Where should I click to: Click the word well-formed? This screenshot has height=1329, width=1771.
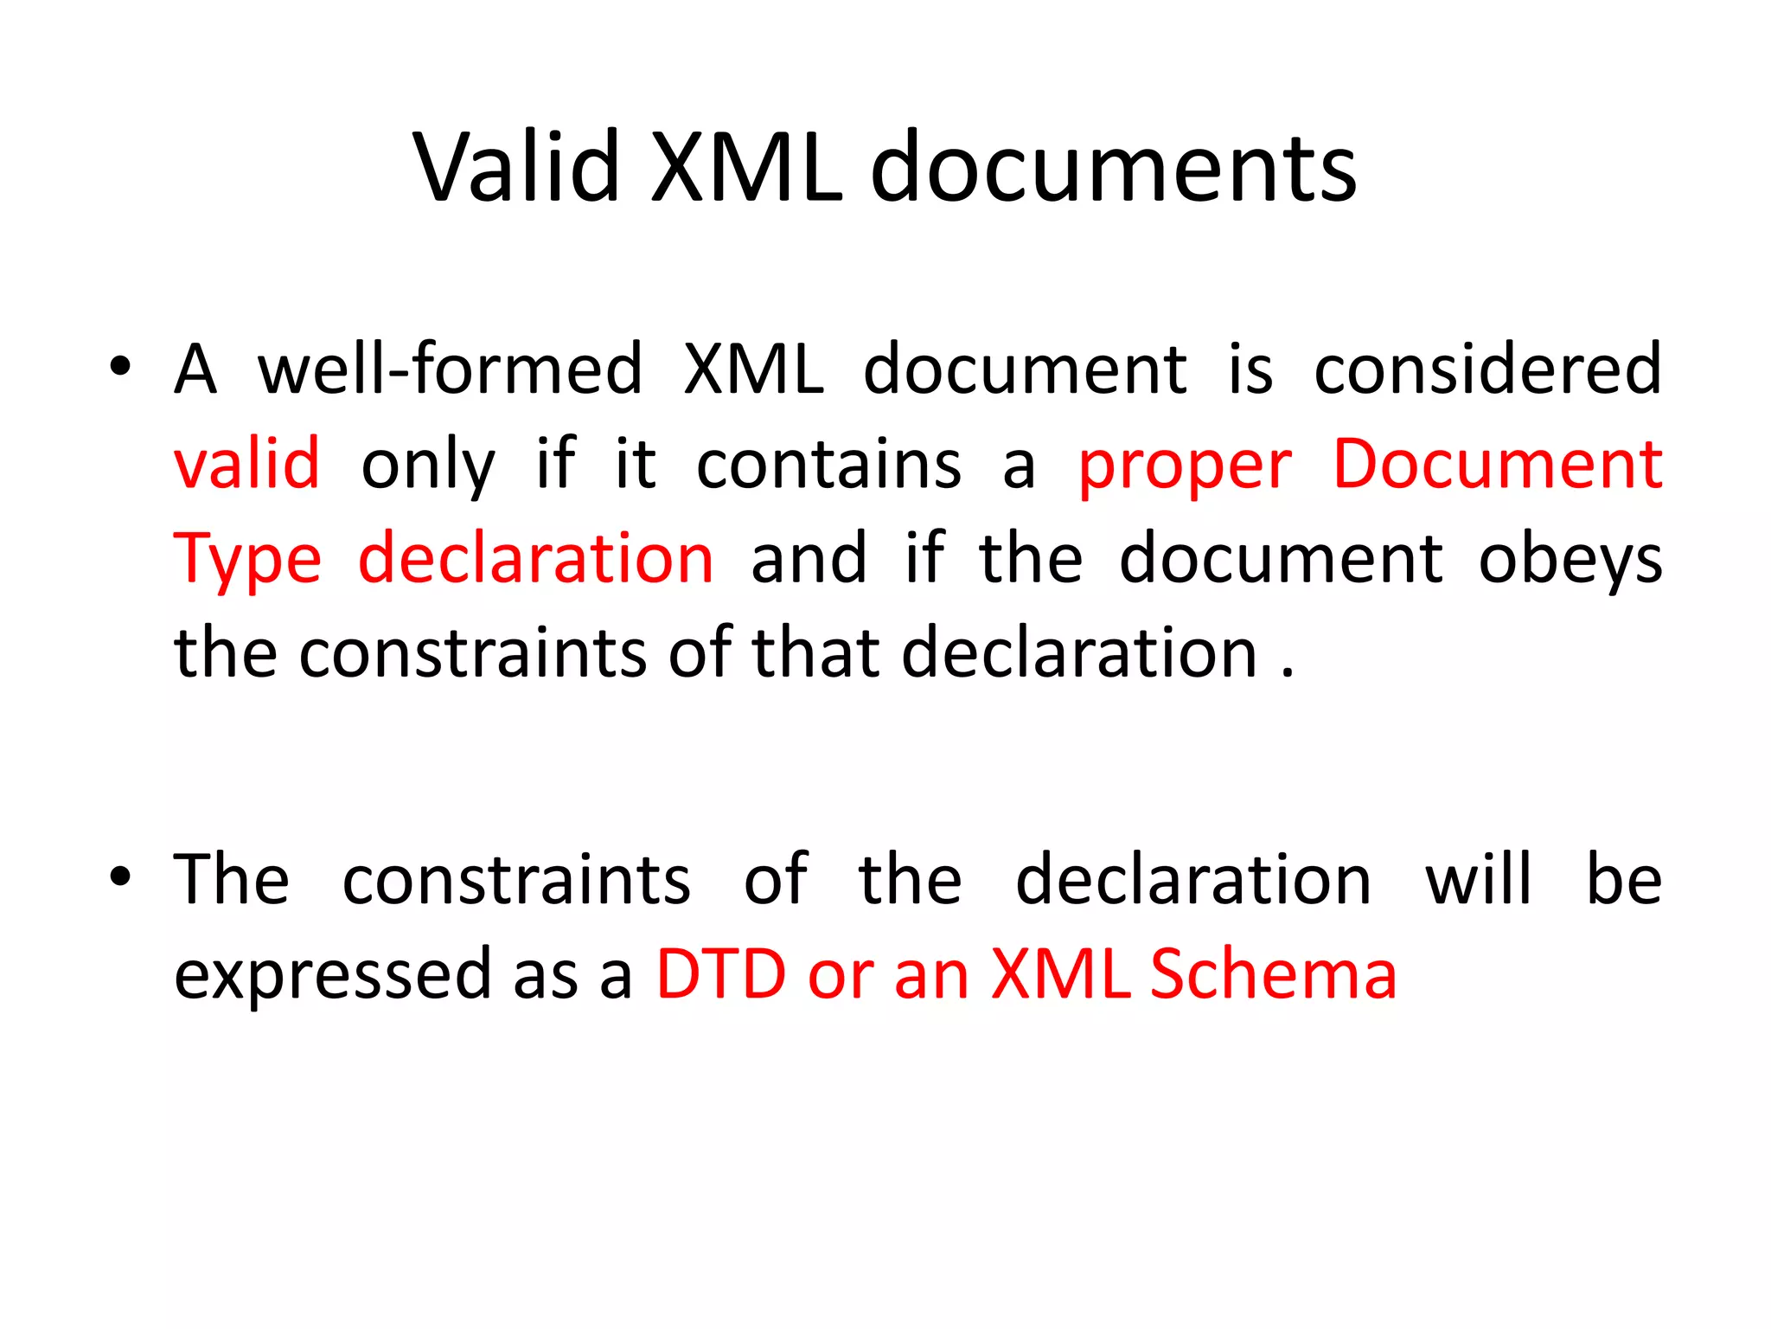[x=450, y=369]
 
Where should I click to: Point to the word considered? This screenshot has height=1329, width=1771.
[x=1487, y=369]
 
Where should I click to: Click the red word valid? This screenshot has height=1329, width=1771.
[x=247, y=465]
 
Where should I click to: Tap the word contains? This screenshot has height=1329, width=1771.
[x=828, y=465]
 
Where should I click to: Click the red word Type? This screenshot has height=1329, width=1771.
[x=247, y=561]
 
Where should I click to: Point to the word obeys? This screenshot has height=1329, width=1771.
[x=1570, y=561]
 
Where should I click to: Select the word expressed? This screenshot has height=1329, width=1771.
[x=333, y=975]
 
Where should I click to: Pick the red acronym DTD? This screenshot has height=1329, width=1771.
[x=721, y=974]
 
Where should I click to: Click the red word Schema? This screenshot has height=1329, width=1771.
[x=1273, y=974]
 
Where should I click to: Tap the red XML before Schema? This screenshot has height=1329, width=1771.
[x=1061, y=974]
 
